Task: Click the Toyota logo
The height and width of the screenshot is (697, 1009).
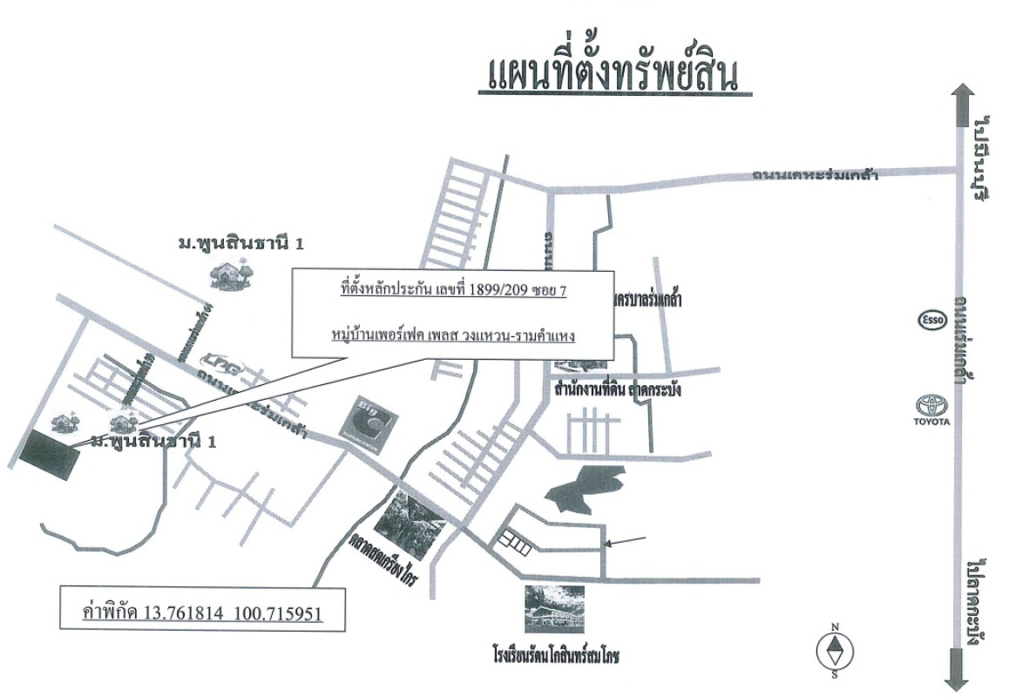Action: click(x=931, y=408)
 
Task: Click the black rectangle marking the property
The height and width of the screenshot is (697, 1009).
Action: click(x=48, y=454)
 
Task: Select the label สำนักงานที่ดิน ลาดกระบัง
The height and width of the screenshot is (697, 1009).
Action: click(x=616, y=389)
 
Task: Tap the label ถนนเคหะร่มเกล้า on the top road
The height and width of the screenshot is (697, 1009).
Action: click(x=816, y=175)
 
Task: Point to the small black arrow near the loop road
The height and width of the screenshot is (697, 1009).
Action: click(x=626, y=543)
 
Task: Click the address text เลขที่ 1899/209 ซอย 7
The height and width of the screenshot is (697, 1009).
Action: click(x=452, y=290)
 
